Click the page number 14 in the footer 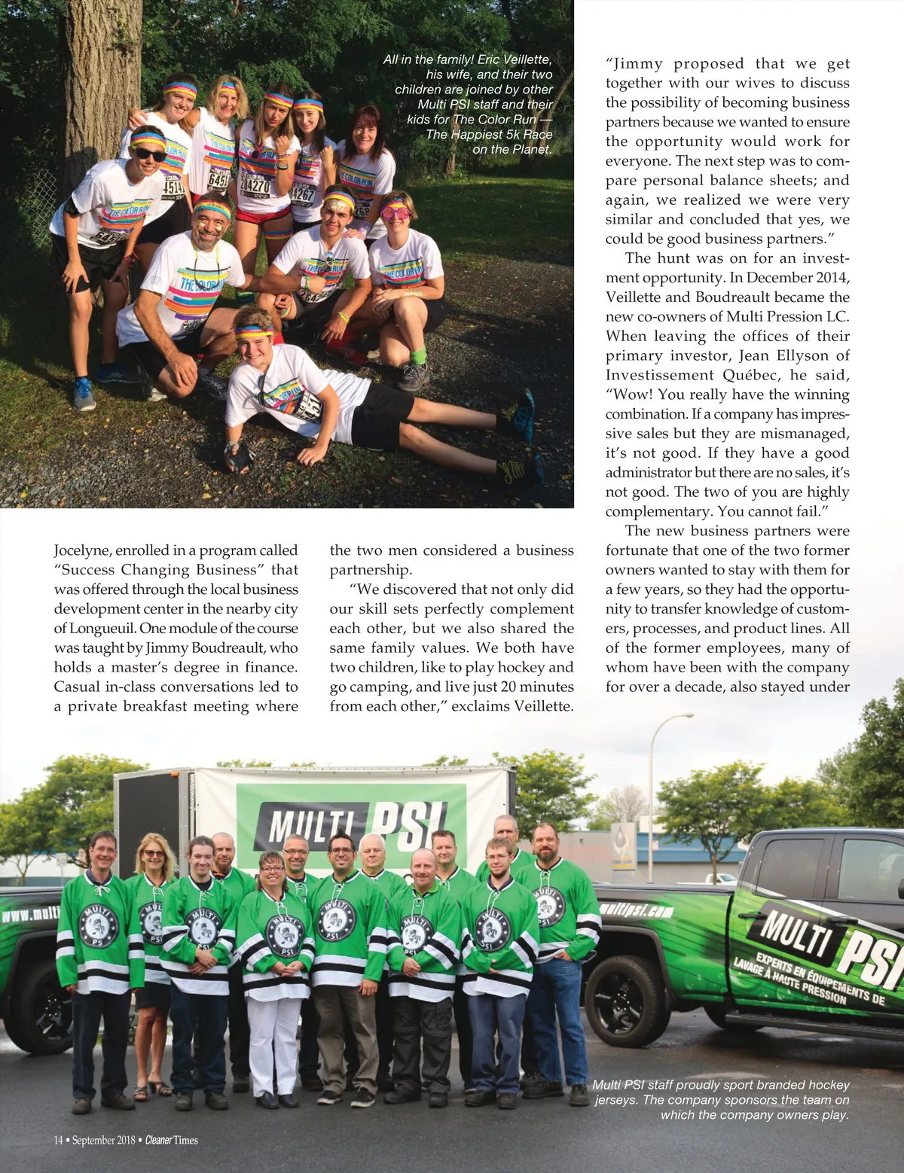(x=58, y=1140)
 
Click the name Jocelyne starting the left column (x=81, y=550)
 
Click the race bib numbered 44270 (x=255, y=184)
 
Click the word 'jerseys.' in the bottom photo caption (x=616, y=1100)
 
